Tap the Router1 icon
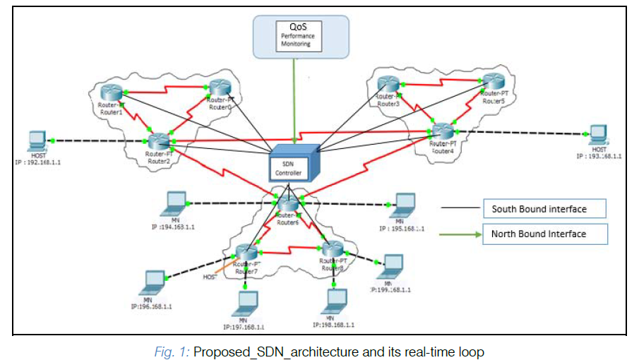[x=110, y=92]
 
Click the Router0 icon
[x=219, y=88]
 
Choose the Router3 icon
[x=388, y=85]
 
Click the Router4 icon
[x=443, y=131]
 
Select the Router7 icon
[x=245, y=253]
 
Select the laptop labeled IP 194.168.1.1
[x=174, y=204]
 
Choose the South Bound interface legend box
[x=544, y=208]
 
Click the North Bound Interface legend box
[x=544, y=234]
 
